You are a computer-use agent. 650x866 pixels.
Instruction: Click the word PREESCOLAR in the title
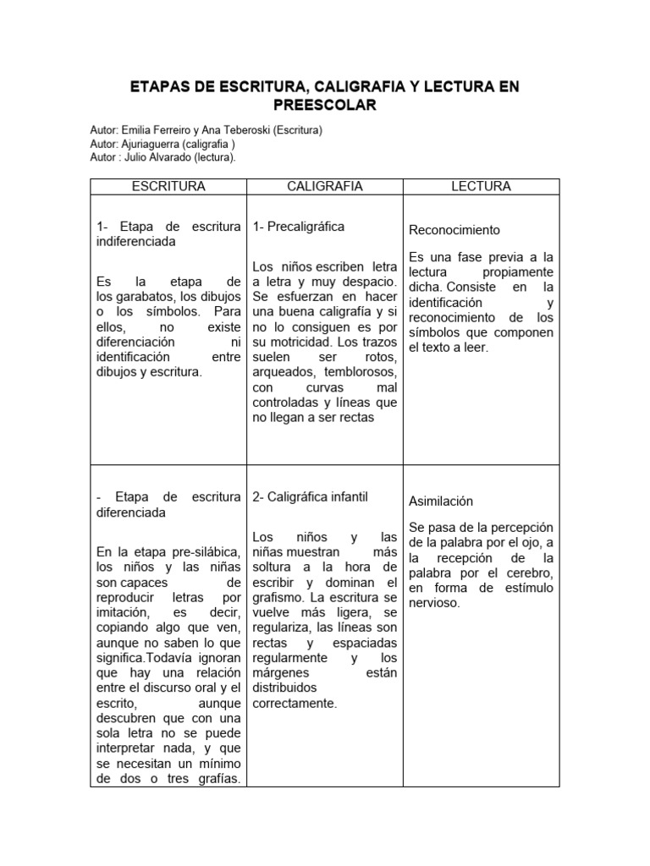tap(325, 105)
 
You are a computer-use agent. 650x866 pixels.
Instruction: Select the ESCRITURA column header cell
tap(168, 186)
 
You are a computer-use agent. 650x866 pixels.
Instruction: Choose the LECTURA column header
tap(481, 186)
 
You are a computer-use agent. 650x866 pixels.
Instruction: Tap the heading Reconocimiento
tap(454, 230)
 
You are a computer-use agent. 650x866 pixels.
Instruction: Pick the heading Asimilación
tap(441, 501)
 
